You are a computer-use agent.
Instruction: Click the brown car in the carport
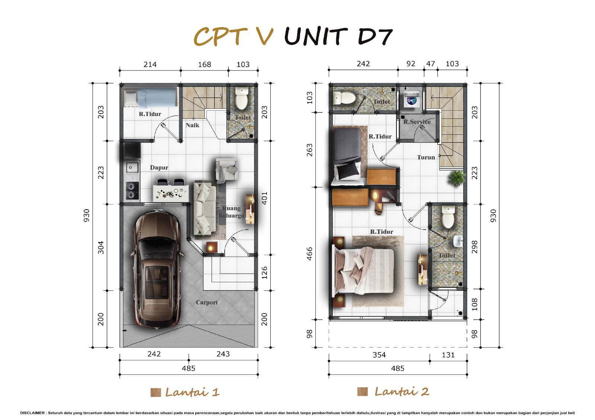(x=157, y=269)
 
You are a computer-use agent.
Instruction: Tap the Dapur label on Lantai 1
(x=159, y=167)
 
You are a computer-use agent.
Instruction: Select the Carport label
(x=207, y=302)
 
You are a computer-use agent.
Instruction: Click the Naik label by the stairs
(x=192, y=125)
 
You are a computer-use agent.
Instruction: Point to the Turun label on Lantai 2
(x=426, y=157)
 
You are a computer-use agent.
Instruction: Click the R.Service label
(x=417, y=122)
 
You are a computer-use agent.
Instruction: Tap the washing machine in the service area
(x=411, y=100)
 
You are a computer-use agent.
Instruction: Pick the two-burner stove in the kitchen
(x=132, y=191)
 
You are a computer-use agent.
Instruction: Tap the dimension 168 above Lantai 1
(x=205, y=65)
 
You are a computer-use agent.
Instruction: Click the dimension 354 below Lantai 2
(x=379, y=355)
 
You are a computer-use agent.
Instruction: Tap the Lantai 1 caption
(x=192, y=392)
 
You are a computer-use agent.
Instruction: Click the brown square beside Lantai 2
(x=362, y=392)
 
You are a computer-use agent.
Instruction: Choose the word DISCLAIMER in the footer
(x=32, y=413)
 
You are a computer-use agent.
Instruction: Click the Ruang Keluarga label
(x=231, y=212)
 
